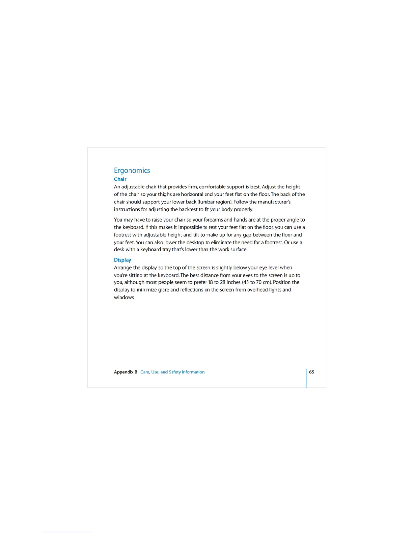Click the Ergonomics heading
(x=132, y=171)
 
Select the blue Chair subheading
(x=120, y=179)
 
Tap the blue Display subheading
(x=122, y=260)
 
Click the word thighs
(x=165, y=195)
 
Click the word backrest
(x=188, y=209)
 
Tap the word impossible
(x=190, y=227)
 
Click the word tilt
(x=196, y=235)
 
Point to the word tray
(x=166, y=250)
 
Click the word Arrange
(x=123, y=268)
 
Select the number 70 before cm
(x=259, y=282)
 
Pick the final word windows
(x=124, y=298)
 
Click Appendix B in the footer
(x=126, y=372)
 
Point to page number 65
(x=311, y=372)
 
